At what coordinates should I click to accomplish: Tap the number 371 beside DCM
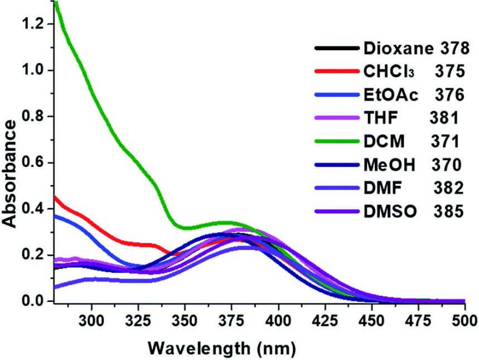point(444,142)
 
